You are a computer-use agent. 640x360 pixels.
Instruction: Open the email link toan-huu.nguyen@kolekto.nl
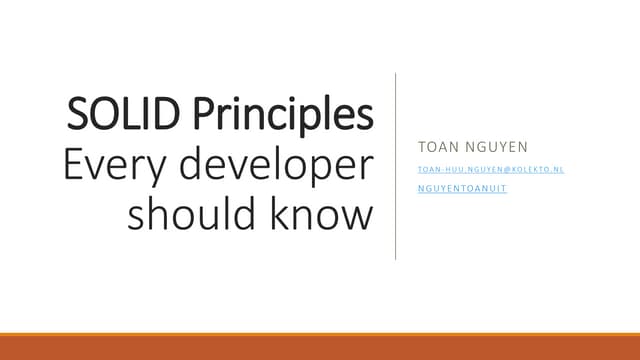click(491, 170)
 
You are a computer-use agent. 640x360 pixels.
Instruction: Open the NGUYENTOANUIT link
click(462, 189)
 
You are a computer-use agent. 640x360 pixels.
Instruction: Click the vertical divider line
click(396, 165)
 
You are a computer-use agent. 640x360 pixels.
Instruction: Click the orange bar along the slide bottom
click(320, 346)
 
